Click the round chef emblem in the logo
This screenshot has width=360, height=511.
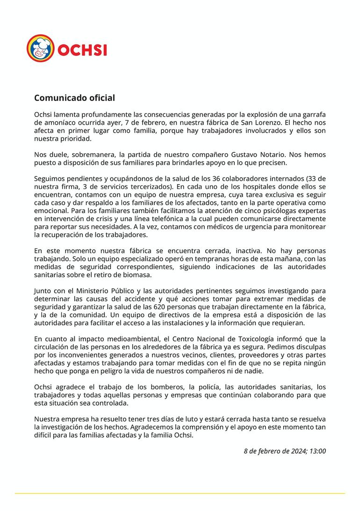pyautogui.click(x=40, y=49)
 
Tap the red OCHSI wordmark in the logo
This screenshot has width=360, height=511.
pyautogui.click(x=82, y=49)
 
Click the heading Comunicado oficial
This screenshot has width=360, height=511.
pyautogui.click(x=74, y=98)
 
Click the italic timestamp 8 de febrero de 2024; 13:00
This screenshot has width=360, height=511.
pyautogui.click(x=285, y=451)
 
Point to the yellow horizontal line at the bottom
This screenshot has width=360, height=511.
pyautogui.click(x=180, y=493)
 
